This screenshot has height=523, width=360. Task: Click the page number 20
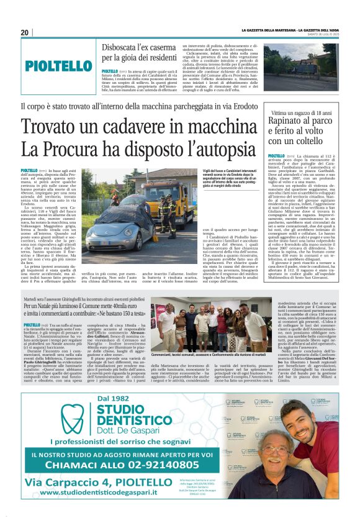[25, 32]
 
